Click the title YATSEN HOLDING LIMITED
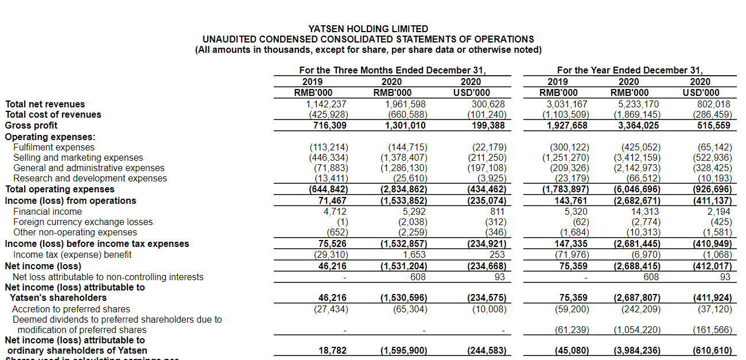pos(368,29)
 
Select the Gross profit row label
pos(31,125)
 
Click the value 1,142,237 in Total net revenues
pos(327,104)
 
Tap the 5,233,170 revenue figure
pos(639,104)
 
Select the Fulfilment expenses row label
pos(54,147)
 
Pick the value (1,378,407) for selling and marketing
pos(404,157)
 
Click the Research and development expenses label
pos(90,178)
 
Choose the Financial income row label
pos(48,211)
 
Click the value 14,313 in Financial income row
pos(645,211)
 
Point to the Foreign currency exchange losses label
pos(83,222)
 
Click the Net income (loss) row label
pos(43,266)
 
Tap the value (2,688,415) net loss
pos(637,266)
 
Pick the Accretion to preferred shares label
pos(71,309)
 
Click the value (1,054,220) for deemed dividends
pos(637,330)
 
